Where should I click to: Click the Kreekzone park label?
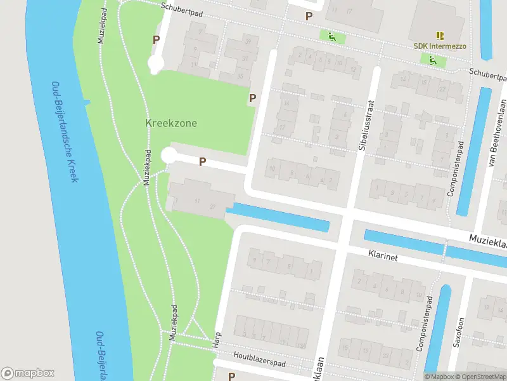[171, 123]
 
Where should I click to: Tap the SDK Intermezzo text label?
[439, 46]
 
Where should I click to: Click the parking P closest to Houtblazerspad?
[232, 376]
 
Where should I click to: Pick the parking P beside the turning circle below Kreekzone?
[202, 162]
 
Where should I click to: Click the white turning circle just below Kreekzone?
[169, 156]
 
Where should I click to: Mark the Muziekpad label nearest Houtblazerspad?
[172, 324]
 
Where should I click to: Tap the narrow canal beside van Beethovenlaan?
[474, 143]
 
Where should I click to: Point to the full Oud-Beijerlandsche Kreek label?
[65, 132]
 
